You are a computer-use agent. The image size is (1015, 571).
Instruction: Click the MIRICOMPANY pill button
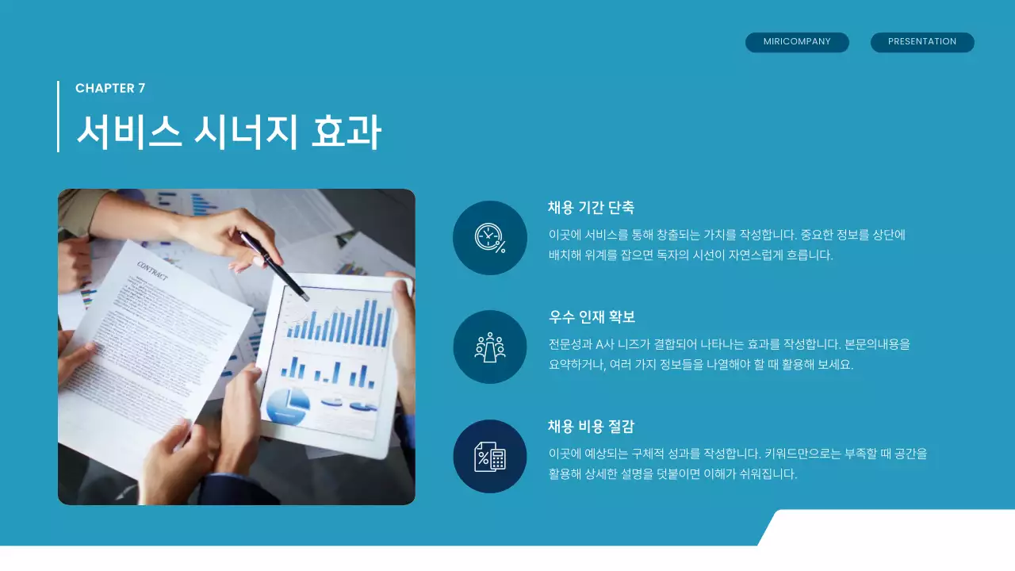point(797,42)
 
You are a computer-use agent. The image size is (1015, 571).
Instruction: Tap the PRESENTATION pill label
point(922,42)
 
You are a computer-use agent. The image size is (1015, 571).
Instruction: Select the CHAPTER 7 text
point(110,88)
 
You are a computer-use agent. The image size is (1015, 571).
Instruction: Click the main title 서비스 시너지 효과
point(228,132)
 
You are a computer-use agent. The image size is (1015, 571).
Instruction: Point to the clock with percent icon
point(489,238)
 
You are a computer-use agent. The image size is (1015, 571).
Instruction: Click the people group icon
point(489,347)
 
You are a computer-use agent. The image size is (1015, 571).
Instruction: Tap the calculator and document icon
point(489,457)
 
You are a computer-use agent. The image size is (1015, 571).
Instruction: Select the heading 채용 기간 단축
point(591,208)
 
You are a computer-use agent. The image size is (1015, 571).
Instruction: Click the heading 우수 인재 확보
point(592,317)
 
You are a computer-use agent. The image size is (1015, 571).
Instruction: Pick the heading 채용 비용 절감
point(591,427)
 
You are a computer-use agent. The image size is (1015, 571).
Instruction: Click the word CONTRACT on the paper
point(152,270)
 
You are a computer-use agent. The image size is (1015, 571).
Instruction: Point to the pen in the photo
point(274,265)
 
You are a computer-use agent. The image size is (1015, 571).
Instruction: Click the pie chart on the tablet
point(287,406)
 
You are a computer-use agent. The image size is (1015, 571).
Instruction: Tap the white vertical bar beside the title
point(58,116)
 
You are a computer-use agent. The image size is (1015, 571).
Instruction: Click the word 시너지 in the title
point(245,132)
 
